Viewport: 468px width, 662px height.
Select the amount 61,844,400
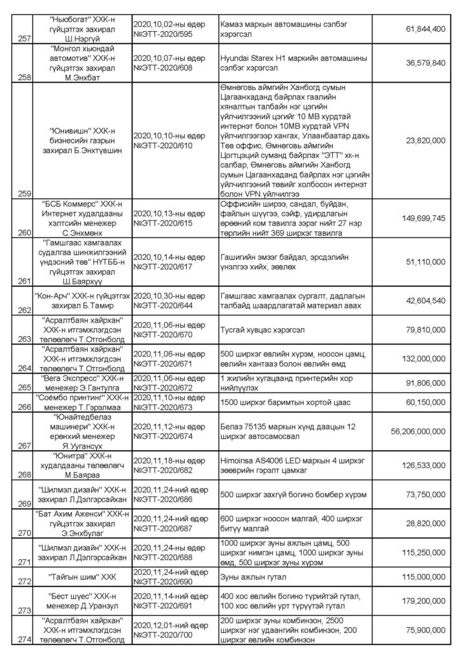click(423, 29)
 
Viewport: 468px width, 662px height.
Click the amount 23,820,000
click(423, 139)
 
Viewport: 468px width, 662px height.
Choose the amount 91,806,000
click(423, 381)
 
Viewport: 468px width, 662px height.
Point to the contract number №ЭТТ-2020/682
click(164, 467)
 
